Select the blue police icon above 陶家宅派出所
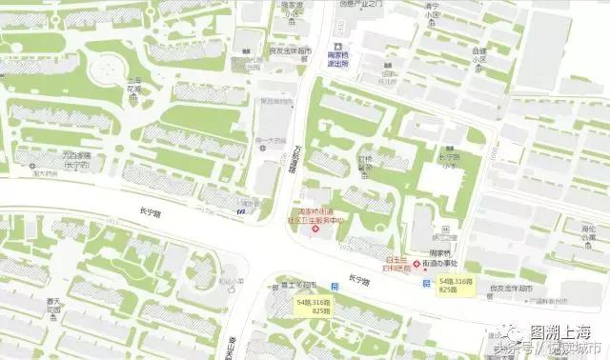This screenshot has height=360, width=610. pyautogui.click(x=335, y=45)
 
